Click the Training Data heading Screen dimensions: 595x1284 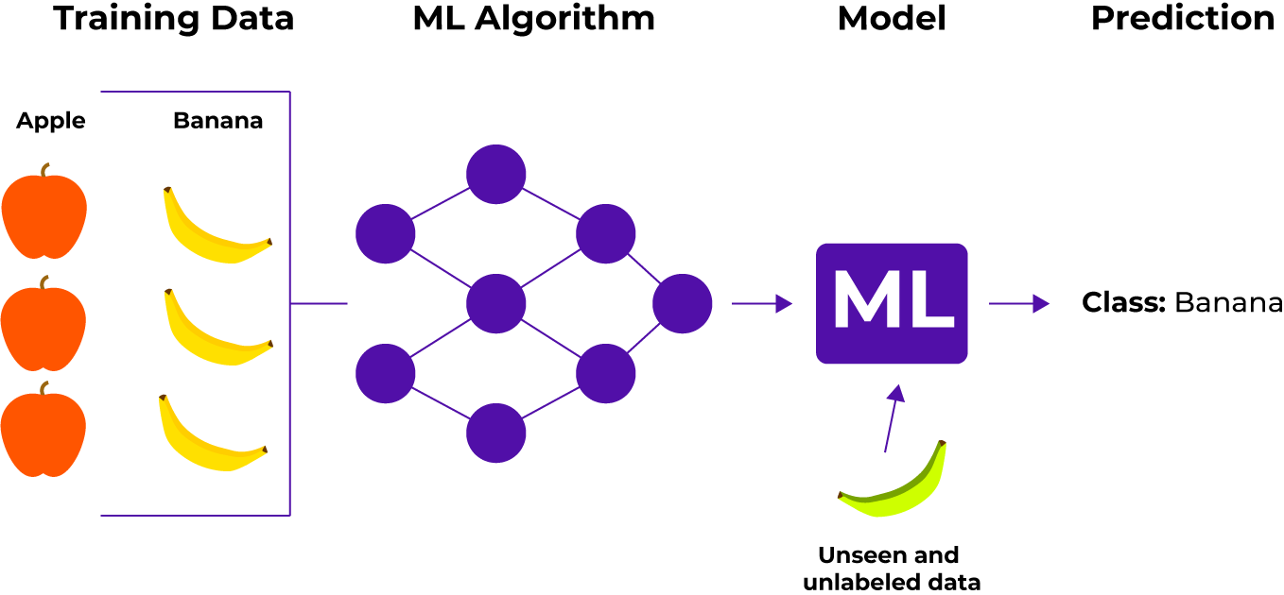point(173,19)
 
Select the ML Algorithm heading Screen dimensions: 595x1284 point(533,19)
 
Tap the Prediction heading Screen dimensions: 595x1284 point(1182,19)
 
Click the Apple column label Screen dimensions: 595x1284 point(51,121)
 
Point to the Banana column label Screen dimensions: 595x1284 point(217,121)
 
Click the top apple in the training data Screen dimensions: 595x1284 point(44,216)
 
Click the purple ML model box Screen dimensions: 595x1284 point(891,303)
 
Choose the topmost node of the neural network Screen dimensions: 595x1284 point(495,175)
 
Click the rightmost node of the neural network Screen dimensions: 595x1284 point(682,304)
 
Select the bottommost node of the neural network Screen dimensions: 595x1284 point(495,433)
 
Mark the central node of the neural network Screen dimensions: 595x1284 point(495,304)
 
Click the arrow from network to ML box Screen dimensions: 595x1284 point(761,303)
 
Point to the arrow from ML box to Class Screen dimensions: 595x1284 point(1018,303)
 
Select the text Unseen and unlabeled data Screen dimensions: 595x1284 point(890,569)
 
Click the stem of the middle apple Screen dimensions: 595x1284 point(43,283)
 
